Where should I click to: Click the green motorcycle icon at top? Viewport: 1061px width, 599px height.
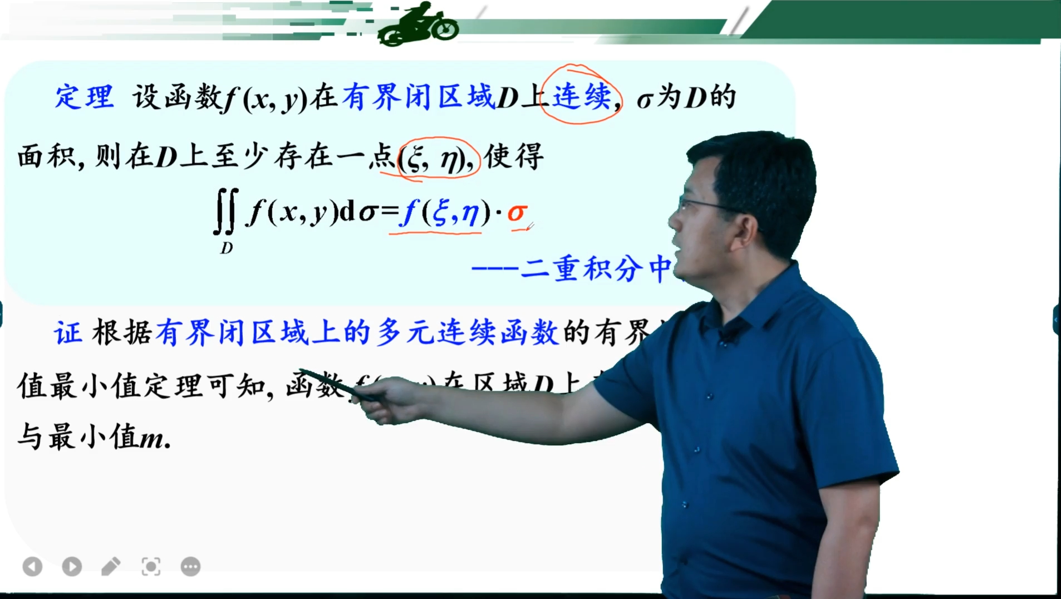[419, 24]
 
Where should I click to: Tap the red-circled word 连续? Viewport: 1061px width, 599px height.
[581, 96]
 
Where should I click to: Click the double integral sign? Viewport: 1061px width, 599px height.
[226, 212]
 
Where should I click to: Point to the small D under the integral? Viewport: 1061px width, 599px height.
[226, 248]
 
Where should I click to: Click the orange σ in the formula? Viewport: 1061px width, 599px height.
[517, 213]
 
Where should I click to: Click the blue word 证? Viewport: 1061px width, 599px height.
[68, 333]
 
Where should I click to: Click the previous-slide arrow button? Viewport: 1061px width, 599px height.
[32, 567]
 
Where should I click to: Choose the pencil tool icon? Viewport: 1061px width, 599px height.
[111, 567]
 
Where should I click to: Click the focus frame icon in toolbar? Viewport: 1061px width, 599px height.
[151, 567]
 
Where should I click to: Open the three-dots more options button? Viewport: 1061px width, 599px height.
[190, 567]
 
